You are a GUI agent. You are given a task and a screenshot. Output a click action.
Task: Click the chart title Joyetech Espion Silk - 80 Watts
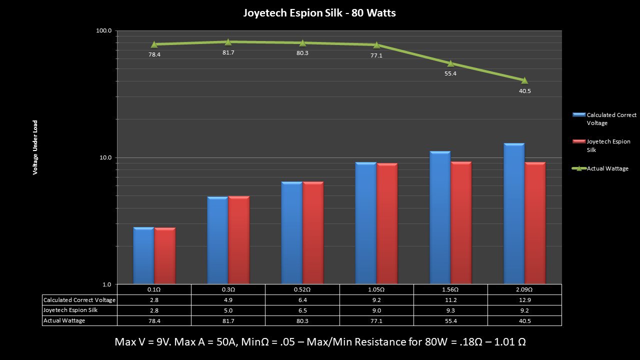pyautogui.click(x=319, y=13)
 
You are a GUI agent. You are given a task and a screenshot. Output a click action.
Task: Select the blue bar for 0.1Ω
pyautogui.click(x=143, y=256)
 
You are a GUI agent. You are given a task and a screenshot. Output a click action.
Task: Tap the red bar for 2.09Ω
pyautogui.click(x=535, y=223)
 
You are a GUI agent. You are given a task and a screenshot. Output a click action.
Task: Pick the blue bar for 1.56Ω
pyautogui.click(x=440, y=218)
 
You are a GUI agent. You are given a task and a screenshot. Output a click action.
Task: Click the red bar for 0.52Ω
pyautogui.click(x=313, y=233)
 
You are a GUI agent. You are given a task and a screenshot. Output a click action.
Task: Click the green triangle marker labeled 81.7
pyautogui.click(x=228, y=42)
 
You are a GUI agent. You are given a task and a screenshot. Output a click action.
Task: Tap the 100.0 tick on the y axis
pyautogui.click(x=104, y=31)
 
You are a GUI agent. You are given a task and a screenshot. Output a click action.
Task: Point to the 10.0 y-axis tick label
pyautogui.click(x=105, y=158)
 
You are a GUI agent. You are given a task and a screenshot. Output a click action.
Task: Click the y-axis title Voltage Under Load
pyautogui.click(x=35, y=147)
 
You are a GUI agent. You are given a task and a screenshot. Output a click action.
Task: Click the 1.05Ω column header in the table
pyautogui.click(x=376, y=289)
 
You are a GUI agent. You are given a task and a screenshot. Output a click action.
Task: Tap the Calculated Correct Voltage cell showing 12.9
pyautogui.click(x=524, y=300)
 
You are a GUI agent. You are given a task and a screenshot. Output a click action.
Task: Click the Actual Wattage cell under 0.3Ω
pyautogui.click(x=228, y=321)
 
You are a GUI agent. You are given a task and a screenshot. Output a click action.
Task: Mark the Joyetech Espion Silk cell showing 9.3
pyautogui.click(x=450, y=310)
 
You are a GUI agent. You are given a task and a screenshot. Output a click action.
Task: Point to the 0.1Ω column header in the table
pyautogui.click(x=154, y=289)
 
